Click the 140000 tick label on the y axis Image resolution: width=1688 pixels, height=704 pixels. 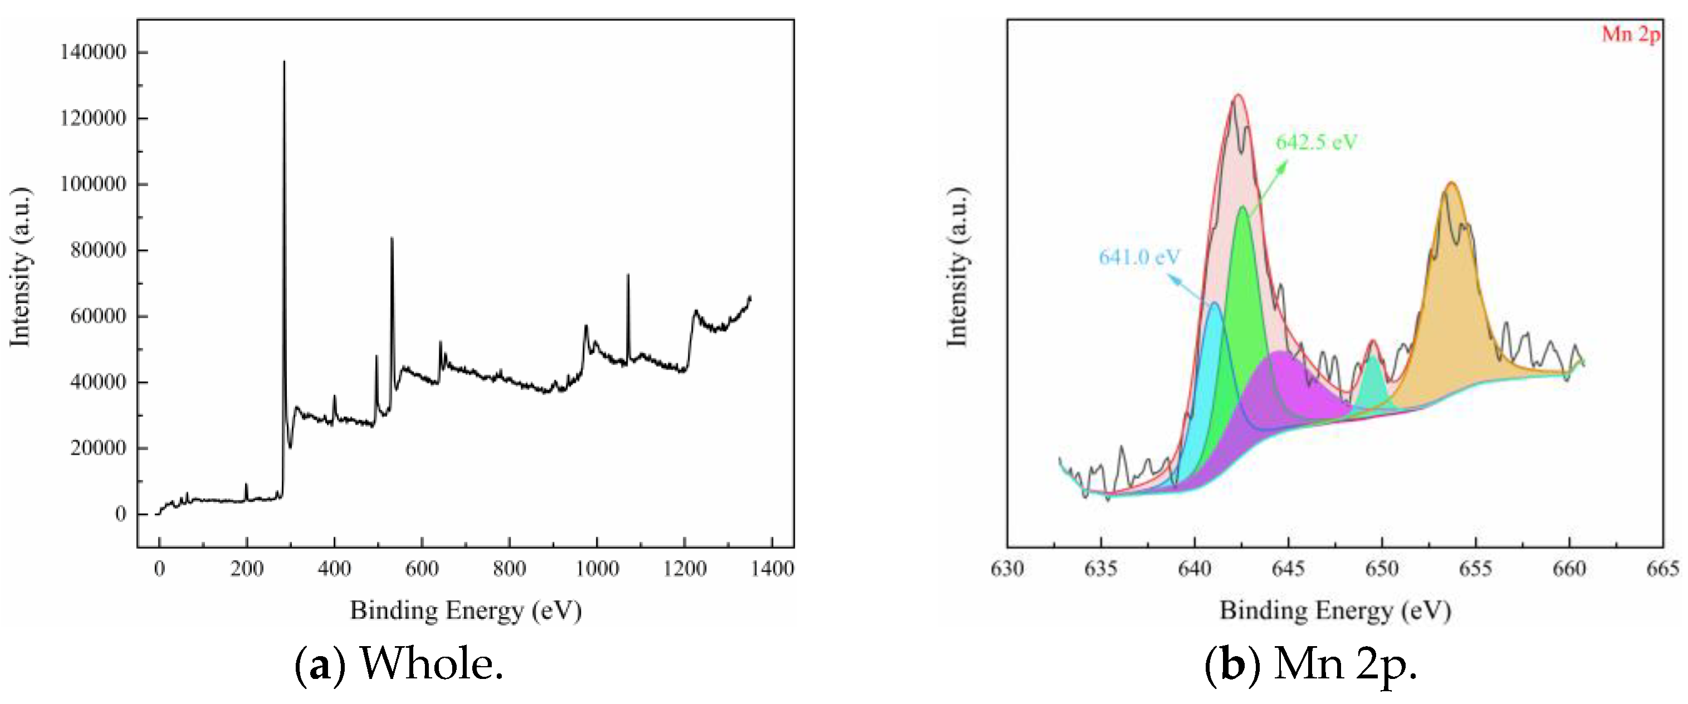92,52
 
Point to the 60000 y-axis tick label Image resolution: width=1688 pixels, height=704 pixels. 97,316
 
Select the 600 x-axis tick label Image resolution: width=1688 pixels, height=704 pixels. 422,568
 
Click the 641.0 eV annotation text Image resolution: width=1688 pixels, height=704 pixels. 1139,257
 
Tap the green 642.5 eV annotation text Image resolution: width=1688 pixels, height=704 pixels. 1317,142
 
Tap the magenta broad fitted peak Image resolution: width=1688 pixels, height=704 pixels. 1284,393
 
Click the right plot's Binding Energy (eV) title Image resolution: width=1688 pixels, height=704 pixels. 1335,611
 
